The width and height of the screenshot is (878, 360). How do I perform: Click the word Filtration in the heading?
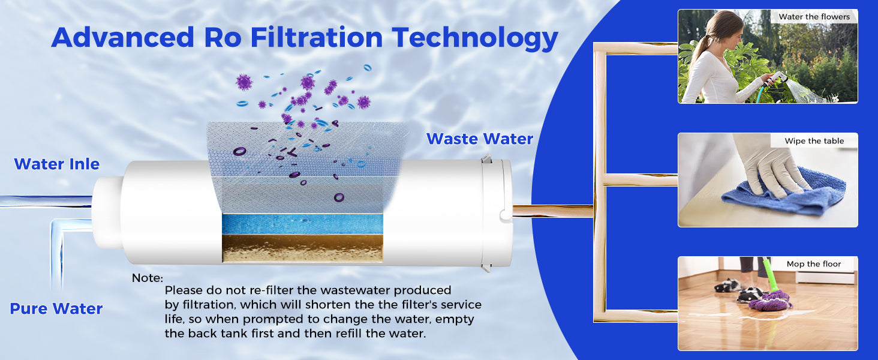316,37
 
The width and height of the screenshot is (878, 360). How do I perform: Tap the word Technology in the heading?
476,37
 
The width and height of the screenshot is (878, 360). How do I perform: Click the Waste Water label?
480,139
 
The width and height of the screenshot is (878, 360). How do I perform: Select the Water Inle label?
56,164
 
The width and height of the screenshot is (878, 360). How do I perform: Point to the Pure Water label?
56,309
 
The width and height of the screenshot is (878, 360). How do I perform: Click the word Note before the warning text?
148,278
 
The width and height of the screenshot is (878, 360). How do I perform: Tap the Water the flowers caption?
814,17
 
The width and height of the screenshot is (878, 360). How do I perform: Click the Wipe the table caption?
814,141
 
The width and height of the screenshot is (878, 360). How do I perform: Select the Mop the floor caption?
814,264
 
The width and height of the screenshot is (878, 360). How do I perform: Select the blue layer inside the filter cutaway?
302,224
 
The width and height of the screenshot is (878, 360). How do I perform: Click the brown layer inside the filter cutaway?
302,247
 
